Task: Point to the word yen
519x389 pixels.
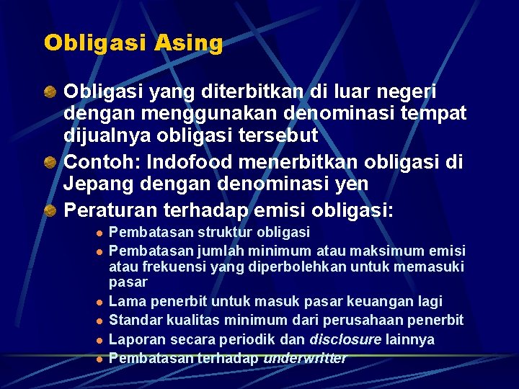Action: point(350,183)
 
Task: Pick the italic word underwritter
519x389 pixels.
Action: point(306,358)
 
